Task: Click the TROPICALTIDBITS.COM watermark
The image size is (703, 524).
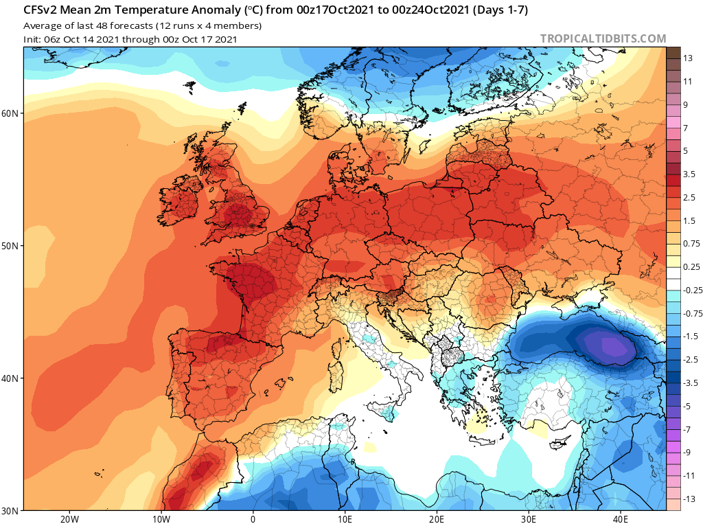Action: [x=603, y=39]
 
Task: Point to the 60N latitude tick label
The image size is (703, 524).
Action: [x=10, y=113]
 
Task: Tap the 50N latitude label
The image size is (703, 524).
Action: [x=10, y=247]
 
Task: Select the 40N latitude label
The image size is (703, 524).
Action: [x=10, y=378]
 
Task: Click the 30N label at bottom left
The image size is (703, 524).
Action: [x=10, y=511]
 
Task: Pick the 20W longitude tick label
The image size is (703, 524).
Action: [x=69, y=519]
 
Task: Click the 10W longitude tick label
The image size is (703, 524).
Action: [x=161, y=519]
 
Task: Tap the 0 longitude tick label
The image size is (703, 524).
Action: [x=253, y=519]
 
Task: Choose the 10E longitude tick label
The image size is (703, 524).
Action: [x=345, y=519]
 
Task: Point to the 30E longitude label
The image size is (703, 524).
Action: [x=529, y=519]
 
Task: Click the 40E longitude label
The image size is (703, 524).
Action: [x=621, y=519]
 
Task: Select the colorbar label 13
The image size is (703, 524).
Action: [x=688, y=58]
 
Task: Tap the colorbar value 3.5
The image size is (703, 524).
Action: [x=689, y=174]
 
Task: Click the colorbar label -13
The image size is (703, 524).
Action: [x=689, y=499]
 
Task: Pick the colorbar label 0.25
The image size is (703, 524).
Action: [x=691, y=267]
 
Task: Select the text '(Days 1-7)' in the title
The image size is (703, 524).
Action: [x=500, y=10]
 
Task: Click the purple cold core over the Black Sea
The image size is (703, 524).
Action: [x=612, y=346]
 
